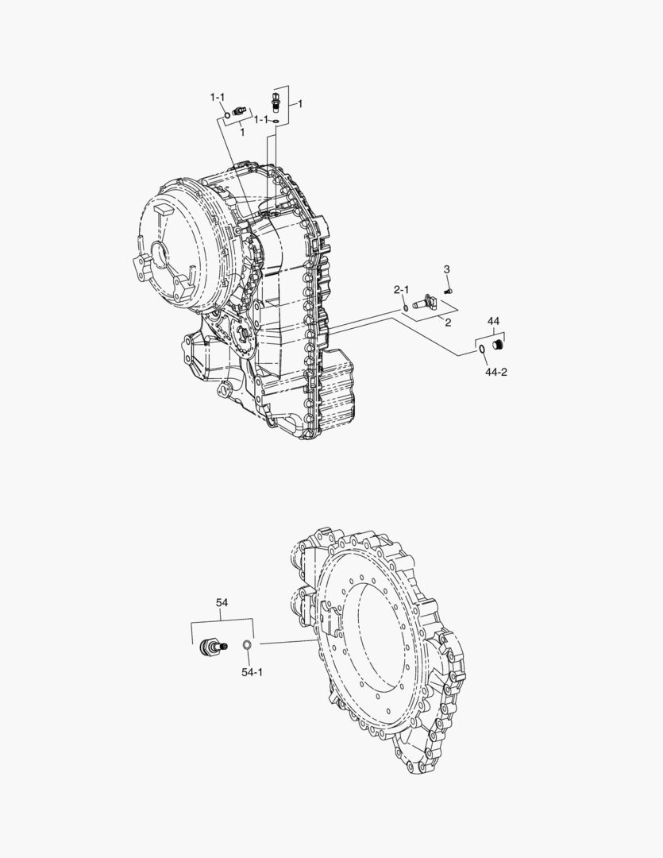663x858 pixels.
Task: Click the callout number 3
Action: pos(446,270)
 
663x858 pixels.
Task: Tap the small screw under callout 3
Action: pos(449,291)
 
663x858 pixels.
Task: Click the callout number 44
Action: pos(493,321)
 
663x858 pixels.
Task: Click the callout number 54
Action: pos(222,604)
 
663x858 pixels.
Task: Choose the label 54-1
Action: pos(252,672)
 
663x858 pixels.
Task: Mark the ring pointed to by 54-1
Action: pos(247,644)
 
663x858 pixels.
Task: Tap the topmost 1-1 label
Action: pos(218,97)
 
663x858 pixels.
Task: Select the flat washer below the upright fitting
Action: pos(275,121)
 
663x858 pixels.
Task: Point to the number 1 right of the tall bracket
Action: pos(299,104)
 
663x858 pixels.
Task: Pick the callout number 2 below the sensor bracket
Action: pos(448,323)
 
